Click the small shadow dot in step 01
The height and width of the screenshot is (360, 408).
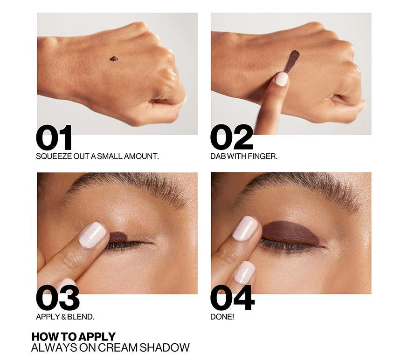click(x=114, y=59)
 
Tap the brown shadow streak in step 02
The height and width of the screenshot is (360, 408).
click(x=292, y=61)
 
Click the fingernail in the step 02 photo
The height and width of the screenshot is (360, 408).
click(x=281, y=79)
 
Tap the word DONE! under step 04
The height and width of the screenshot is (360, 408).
click(x=222, y=317)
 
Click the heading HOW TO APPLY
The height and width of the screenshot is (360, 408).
click(x=73, y=337)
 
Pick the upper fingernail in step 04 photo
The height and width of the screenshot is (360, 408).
click(x=245, y=228)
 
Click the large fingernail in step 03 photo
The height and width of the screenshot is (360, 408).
click(x=93, y=235)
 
